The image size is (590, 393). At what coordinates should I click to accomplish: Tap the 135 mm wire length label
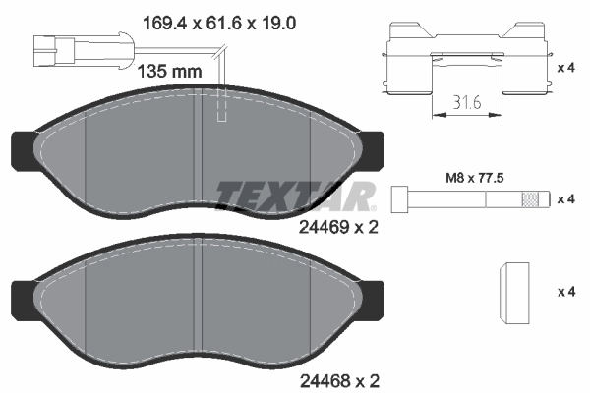pyautogui.click(x=168, y=71)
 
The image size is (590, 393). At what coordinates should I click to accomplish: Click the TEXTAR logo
pyautogui.click(x=295, y=196)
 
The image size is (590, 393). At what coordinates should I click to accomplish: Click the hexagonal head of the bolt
pyautogui.click(x=401, y=198)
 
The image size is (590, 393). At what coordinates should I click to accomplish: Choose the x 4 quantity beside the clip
pyautogui.click(x=567, y=69)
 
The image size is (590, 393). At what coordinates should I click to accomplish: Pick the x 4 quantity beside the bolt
pyautogui.click(x=567, y=199)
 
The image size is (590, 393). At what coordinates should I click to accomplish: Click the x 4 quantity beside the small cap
pyautogui.click(x=567, y=292)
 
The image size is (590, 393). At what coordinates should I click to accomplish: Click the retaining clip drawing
pyautogui.click(x=468, y=59)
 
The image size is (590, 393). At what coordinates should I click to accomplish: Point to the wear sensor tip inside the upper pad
pyautogui.click(x=222, y=110)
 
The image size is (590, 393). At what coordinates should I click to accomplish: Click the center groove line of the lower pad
pyautogui.click(x=201, y=305)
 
